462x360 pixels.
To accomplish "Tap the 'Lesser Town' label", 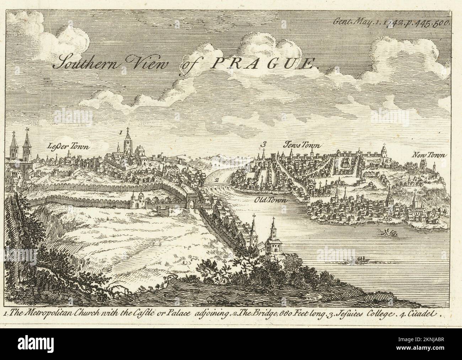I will (69, 146).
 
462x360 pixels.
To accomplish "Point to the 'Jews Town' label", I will (302, 145).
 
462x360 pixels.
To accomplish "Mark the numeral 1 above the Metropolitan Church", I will (121, 132).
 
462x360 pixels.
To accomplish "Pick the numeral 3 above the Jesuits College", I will (263, 144).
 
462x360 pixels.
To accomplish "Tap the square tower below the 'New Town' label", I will (423, 165).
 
